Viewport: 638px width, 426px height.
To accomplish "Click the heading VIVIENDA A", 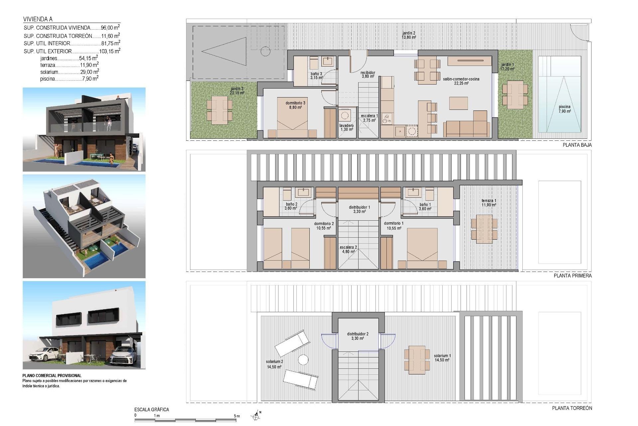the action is tap(38, 19).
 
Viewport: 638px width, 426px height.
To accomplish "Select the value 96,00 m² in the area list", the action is tap(110, 28).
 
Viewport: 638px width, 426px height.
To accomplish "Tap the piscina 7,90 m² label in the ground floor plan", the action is tap(564, 109).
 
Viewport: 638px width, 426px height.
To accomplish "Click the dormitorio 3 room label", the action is tap(295, 105).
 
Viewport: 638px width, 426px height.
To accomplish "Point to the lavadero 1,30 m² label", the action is tap(346, 127).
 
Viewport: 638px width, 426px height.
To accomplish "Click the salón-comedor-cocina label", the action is tap(461, 81).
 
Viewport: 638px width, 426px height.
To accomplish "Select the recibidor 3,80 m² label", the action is tap(368, 74).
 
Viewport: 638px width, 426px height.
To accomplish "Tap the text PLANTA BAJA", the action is tap(577, 145).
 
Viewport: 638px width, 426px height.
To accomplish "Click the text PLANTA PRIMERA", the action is tap(573, 276).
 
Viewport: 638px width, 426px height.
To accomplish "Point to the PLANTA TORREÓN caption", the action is tap(572, 408).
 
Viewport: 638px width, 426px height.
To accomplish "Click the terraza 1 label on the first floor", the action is tap(488, 203).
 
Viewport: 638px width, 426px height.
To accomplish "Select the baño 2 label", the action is tap(291, 206).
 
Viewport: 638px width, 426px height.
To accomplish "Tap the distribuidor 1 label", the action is tap(359, 209).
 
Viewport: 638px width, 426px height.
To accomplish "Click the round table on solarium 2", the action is tap(303, 360).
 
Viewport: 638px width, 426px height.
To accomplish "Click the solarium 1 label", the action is tap(442, 358).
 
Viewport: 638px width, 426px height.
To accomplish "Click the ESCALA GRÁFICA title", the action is tap(152, 410).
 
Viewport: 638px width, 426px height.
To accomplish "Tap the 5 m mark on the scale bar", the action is tap(237, 416).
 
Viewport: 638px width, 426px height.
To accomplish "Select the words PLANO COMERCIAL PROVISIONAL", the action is tap(52, 376).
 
